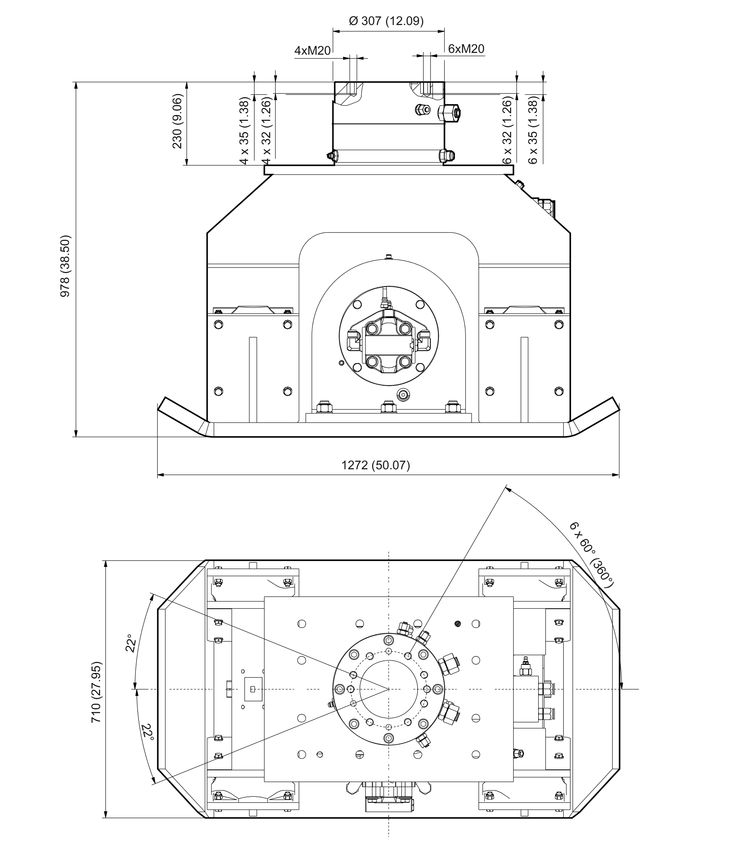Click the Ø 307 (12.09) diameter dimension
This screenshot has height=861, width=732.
386,21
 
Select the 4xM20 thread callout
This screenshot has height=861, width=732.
312,51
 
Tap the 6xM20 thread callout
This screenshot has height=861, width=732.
466,49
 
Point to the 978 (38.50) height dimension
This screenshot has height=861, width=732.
65,266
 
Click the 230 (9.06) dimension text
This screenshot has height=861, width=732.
177,121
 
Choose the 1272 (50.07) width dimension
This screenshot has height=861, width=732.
376,465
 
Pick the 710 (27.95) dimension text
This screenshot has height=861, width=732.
96,692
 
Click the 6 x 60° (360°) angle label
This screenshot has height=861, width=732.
591,555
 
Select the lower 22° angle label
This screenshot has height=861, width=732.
147,733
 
